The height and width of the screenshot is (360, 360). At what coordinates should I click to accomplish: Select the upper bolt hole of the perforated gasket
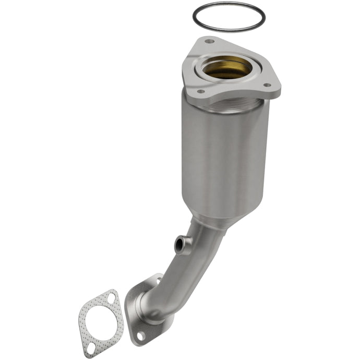[111, 298]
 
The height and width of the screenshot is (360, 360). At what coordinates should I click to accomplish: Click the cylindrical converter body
[224, 157]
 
